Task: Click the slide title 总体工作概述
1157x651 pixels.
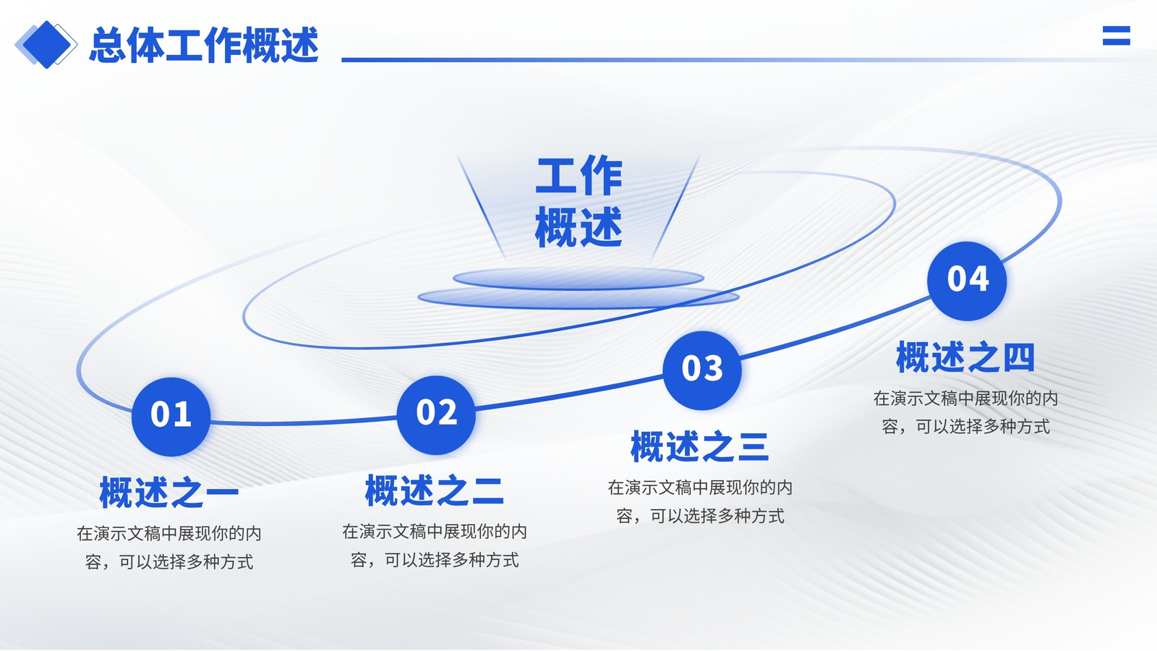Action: [203, 46]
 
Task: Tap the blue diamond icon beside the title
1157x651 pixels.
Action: [46, 45]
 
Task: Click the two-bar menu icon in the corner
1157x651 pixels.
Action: [1117, 35]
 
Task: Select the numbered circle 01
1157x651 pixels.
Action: [171, 417]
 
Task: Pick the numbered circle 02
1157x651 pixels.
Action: [437, 415]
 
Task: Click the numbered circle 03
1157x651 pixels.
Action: [702, 370]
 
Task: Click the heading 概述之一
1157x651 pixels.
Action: [169, 493]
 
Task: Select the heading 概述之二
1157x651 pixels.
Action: [435, 490]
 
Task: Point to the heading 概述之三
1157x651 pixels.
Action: [700, 446]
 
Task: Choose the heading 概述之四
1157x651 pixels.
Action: [965, 357]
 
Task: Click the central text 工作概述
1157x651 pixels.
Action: [578, 202]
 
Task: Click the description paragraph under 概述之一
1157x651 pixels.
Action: [169, 548]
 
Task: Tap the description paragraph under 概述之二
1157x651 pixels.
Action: [435, 545]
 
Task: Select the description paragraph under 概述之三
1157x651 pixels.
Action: [700, 502]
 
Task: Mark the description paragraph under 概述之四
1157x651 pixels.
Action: [965, 412]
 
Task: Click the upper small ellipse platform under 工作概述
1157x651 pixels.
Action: [578, 278]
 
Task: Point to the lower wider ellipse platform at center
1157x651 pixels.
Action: [578, 298]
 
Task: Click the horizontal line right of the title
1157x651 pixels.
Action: [744, 60]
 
